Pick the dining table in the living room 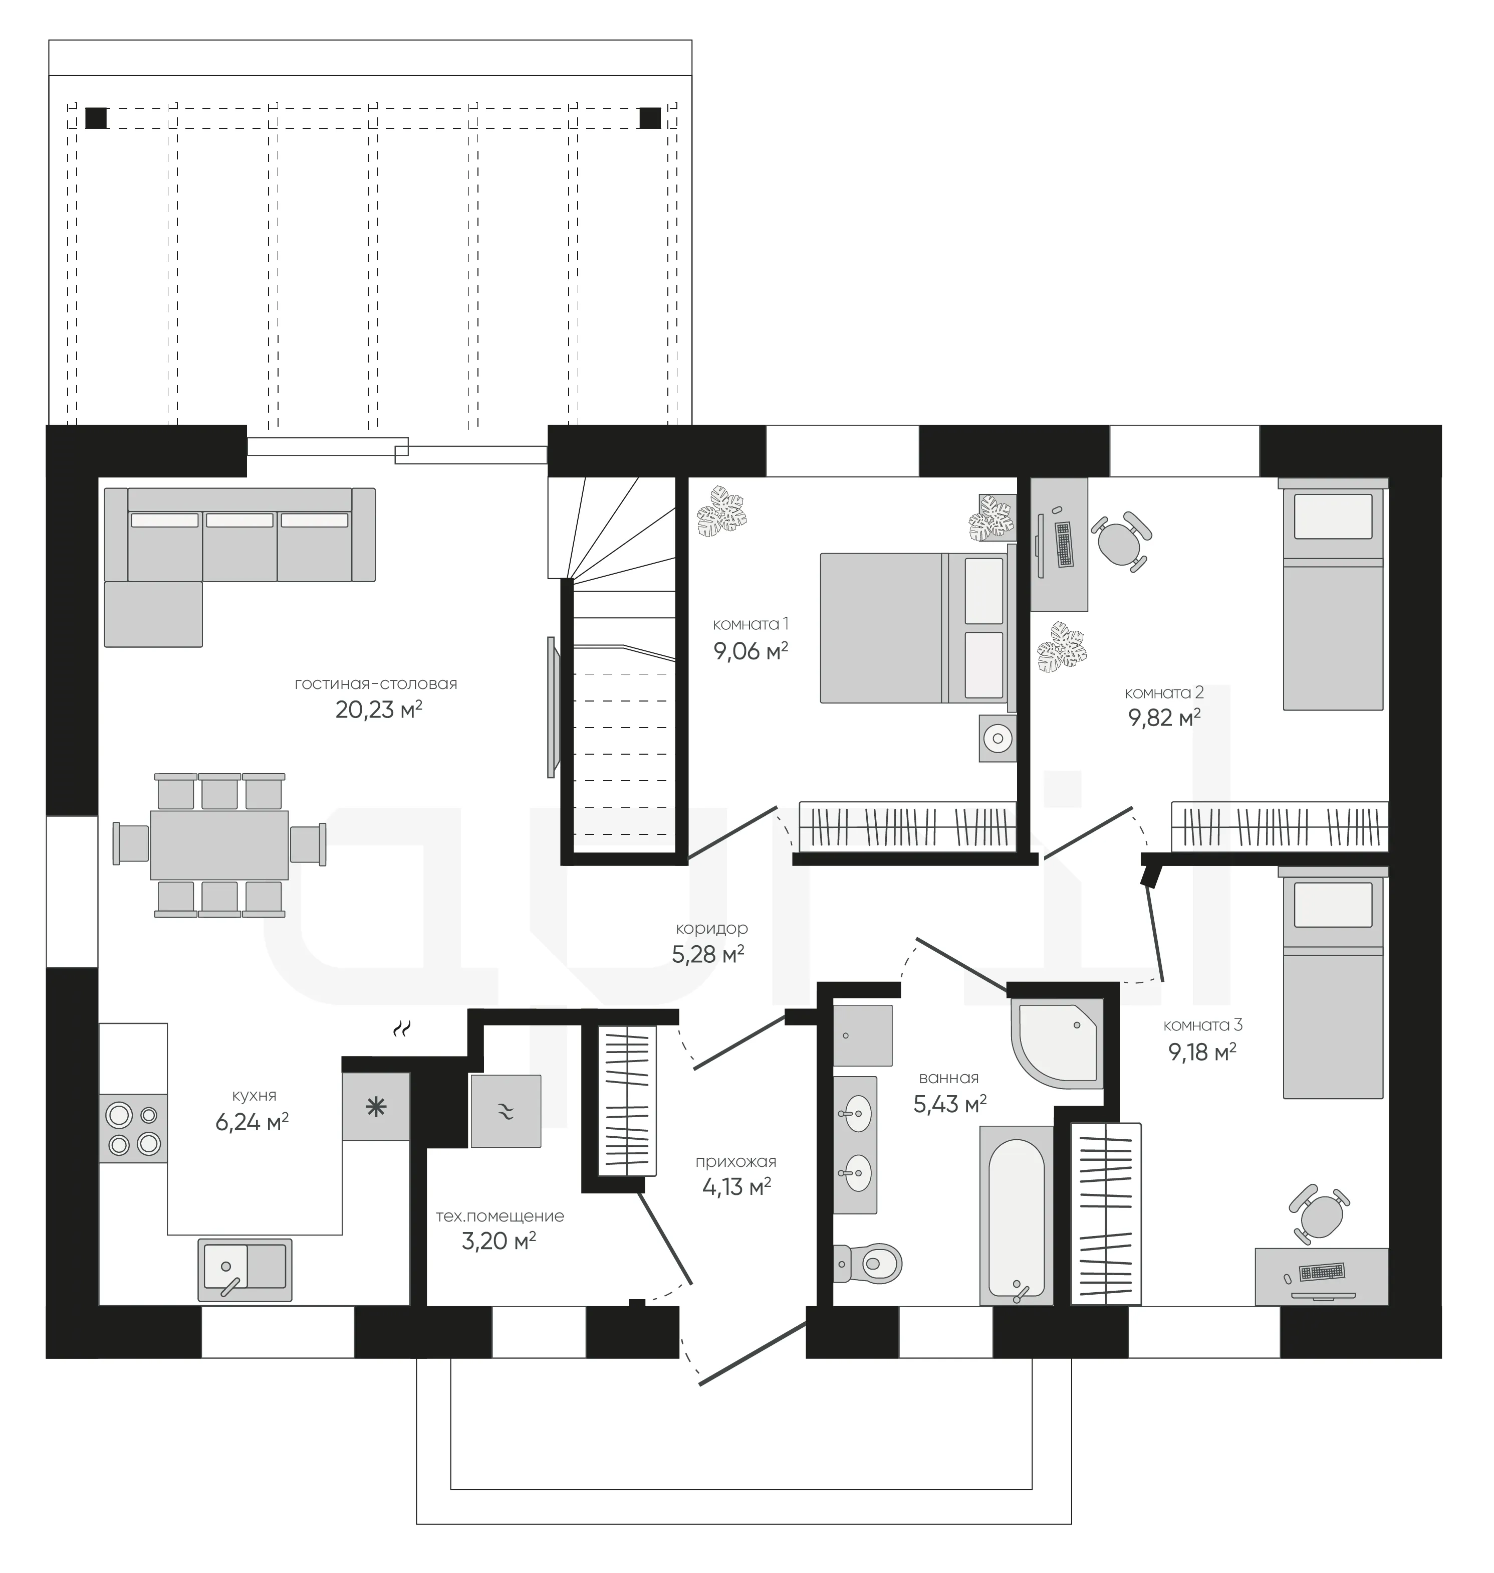(220, 845)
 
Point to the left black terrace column (96, 118)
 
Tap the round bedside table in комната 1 (997, 739)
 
